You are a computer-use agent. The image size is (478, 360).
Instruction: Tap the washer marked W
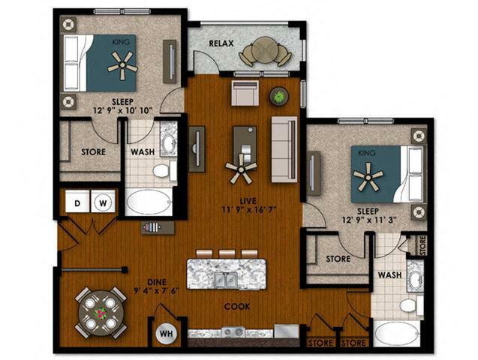pyautogui.click(x=103, y=202)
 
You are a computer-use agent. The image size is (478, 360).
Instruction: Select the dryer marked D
pyautogui.click(x=78, y=202)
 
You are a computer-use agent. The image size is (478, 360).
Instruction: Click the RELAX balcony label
pyautogui.click(x=221, y=43)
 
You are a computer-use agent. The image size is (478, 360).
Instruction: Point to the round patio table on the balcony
pyautogui.click(x=263, y=50)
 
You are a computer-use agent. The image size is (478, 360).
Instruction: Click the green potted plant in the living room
pyautogui.click(x=278, y=96)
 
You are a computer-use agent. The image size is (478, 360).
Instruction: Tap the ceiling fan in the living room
pyautogui.click(x=242, y=169)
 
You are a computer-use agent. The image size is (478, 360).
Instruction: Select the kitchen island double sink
pyautogui.click(x=226, y=279)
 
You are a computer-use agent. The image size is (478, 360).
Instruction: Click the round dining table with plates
pyautogui.click(x=101, y=313)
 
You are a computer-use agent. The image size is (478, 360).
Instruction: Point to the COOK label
pyautogui.click(x=237, y=307)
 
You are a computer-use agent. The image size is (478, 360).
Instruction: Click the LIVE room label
pyautogui.click(x=248, y=201)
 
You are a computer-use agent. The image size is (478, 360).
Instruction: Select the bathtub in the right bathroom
pyautogui.click(x=396, y=334)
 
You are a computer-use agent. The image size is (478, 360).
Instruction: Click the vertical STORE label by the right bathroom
pyautogui.click(x=422, y=245)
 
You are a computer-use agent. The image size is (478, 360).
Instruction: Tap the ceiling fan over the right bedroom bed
pyautogui.click(x=368, y=177)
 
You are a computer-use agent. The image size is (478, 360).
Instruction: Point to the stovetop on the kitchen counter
pyautogui.click(x=233, y=332)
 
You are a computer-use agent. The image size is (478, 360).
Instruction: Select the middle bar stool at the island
pyautogui.click(x=227, y=253)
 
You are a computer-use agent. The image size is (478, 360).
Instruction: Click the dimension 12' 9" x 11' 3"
pyautogui.click(x=369, y=220)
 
